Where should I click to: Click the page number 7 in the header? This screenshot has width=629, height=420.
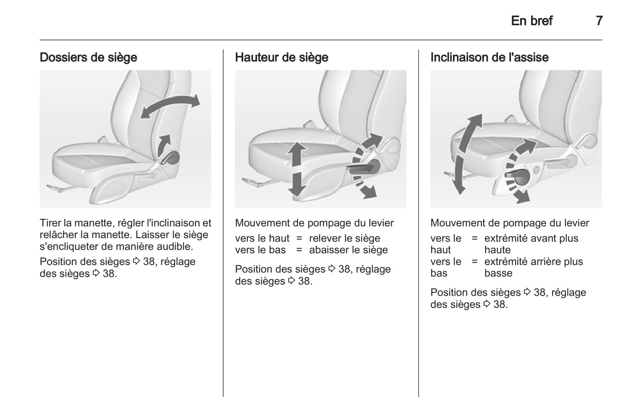coord(599,21)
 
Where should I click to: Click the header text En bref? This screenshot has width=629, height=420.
coord(532,21)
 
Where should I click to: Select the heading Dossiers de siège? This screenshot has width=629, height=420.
coord(89,58)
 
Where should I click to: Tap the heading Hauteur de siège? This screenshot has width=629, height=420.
coord(282,58)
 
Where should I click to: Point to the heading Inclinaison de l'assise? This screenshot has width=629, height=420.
coord(490,57)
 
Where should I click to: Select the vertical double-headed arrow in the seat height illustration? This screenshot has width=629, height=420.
coord(297,169)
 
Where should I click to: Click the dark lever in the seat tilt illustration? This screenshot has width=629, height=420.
coord(517,176)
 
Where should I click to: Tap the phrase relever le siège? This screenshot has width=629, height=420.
coord(345,239)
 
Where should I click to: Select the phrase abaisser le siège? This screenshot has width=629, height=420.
coord(348,250)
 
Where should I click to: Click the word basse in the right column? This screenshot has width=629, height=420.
coord(498,273)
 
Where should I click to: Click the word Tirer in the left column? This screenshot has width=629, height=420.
coord(50,223)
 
